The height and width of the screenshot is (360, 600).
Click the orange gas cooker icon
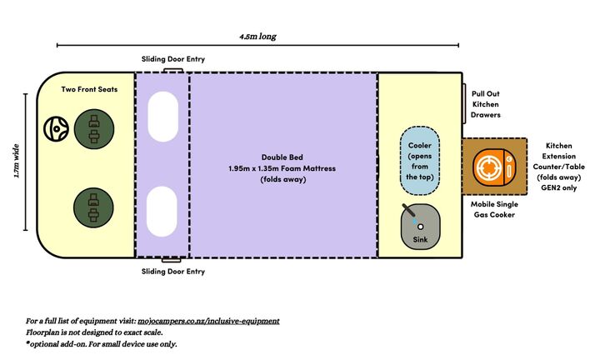(x=492, y=168)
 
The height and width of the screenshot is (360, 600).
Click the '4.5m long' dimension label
(x=257, y=37)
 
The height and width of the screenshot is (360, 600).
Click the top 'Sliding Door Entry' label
(x=172, y=60)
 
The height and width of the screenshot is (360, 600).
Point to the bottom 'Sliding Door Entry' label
(x=172, y=272)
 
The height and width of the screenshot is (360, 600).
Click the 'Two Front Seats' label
(x=89, y=88)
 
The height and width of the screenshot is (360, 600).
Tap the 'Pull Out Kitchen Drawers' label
(x=486, y=104)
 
